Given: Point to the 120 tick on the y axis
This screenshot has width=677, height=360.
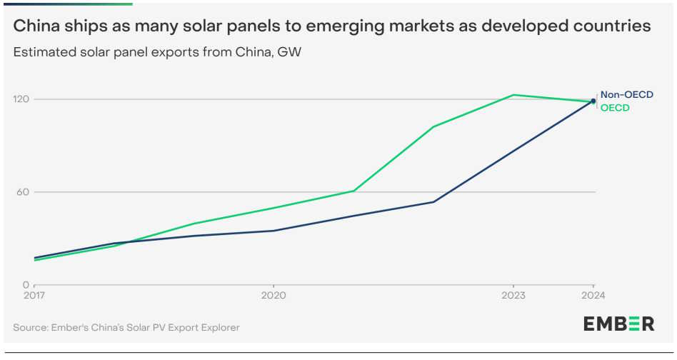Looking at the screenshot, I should click(x=21, y=99).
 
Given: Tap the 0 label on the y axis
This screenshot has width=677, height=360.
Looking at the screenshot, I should click(x=26, y=284).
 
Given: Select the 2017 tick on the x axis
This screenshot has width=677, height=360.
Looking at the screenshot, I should click(x=34, y=294).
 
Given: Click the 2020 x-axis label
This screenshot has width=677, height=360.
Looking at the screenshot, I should click(x=274, y=294).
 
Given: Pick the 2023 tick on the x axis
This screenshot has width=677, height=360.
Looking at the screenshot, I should click(x=513, y=294).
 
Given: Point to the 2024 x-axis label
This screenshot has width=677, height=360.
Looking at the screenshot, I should click(x=593, y=294).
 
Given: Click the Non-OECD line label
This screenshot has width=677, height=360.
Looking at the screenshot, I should click(x=626, y=94).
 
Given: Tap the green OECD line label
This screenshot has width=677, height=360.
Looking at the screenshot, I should click(x=615, y=108).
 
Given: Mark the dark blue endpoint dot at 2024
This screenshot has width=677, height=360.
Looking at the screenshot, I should click(x=593, y=101).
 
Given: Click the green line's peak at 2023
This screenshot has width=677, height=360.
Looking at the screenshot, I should click(x=513, y=95).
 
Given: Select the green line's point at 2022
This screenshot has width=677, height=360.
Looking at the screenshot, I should click(x=433, y=126).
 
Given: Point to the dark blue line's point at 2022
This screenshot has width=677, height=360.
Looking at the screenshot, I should click(x=433, y=201).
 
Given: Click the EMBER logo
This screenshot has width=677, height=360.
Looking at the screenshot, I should click(x=618, y=324).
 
